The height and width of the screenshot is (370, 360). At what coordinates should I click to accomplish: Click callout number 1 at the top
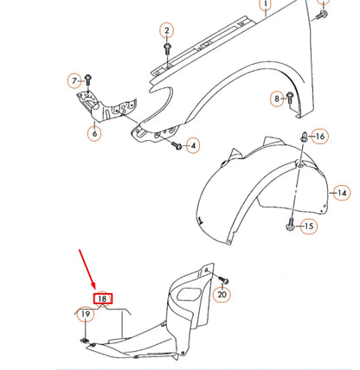pyautogui.click(x=265, y=4)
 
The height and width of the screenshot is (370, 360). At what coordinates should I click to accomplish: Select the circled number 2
pyautogui.click(x=166, y=31)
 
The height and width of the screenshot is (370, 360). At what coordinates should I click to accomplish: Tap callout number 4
pyautogui.click(x=193, y=144)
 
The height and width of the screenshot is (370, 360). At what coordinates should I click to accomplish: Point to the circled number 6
pyautogui.click(x=93, y=134)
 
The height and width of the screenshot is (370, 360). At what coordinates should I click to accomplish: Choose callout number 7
pyautogui.click(x=74, y=80)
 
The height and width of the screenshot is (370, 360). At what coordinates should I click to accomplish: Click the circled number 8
pyautogui.click(x=278, y=99)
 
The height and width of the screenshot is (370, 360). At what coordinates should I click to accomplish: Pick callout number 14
pyautogui.click(x=342, y=193)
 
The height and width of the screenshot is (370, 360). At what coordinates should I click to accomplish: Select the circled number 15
pyautogui.click(x=309, y=226)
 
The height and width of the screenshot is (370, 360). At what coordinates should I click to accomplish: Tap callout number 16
pyautogui.click(x=319, y=137)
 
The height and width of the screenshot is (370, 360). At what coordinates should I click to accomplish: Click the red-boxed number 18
pyautogui.click(x=102, y=299)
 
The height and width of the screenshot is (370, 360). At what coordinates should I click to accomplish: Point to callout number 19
pyautogui.click(x=85, y=315)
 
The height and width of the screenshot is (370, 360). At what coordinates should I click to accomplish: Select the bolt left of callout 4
pyautogui.click(x=177, y=148)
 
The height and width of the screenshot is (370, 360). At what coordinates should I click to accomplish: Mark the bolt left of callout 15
pyautogui.click(x=290, y=226)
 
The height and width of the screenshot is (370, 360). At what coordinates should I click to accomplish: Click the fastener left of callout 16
pyautogui.click(x=305, y=137)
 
